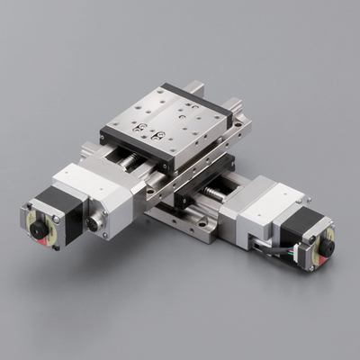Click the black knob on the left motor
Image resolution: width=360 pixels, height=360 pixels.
tap(39, 229)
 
